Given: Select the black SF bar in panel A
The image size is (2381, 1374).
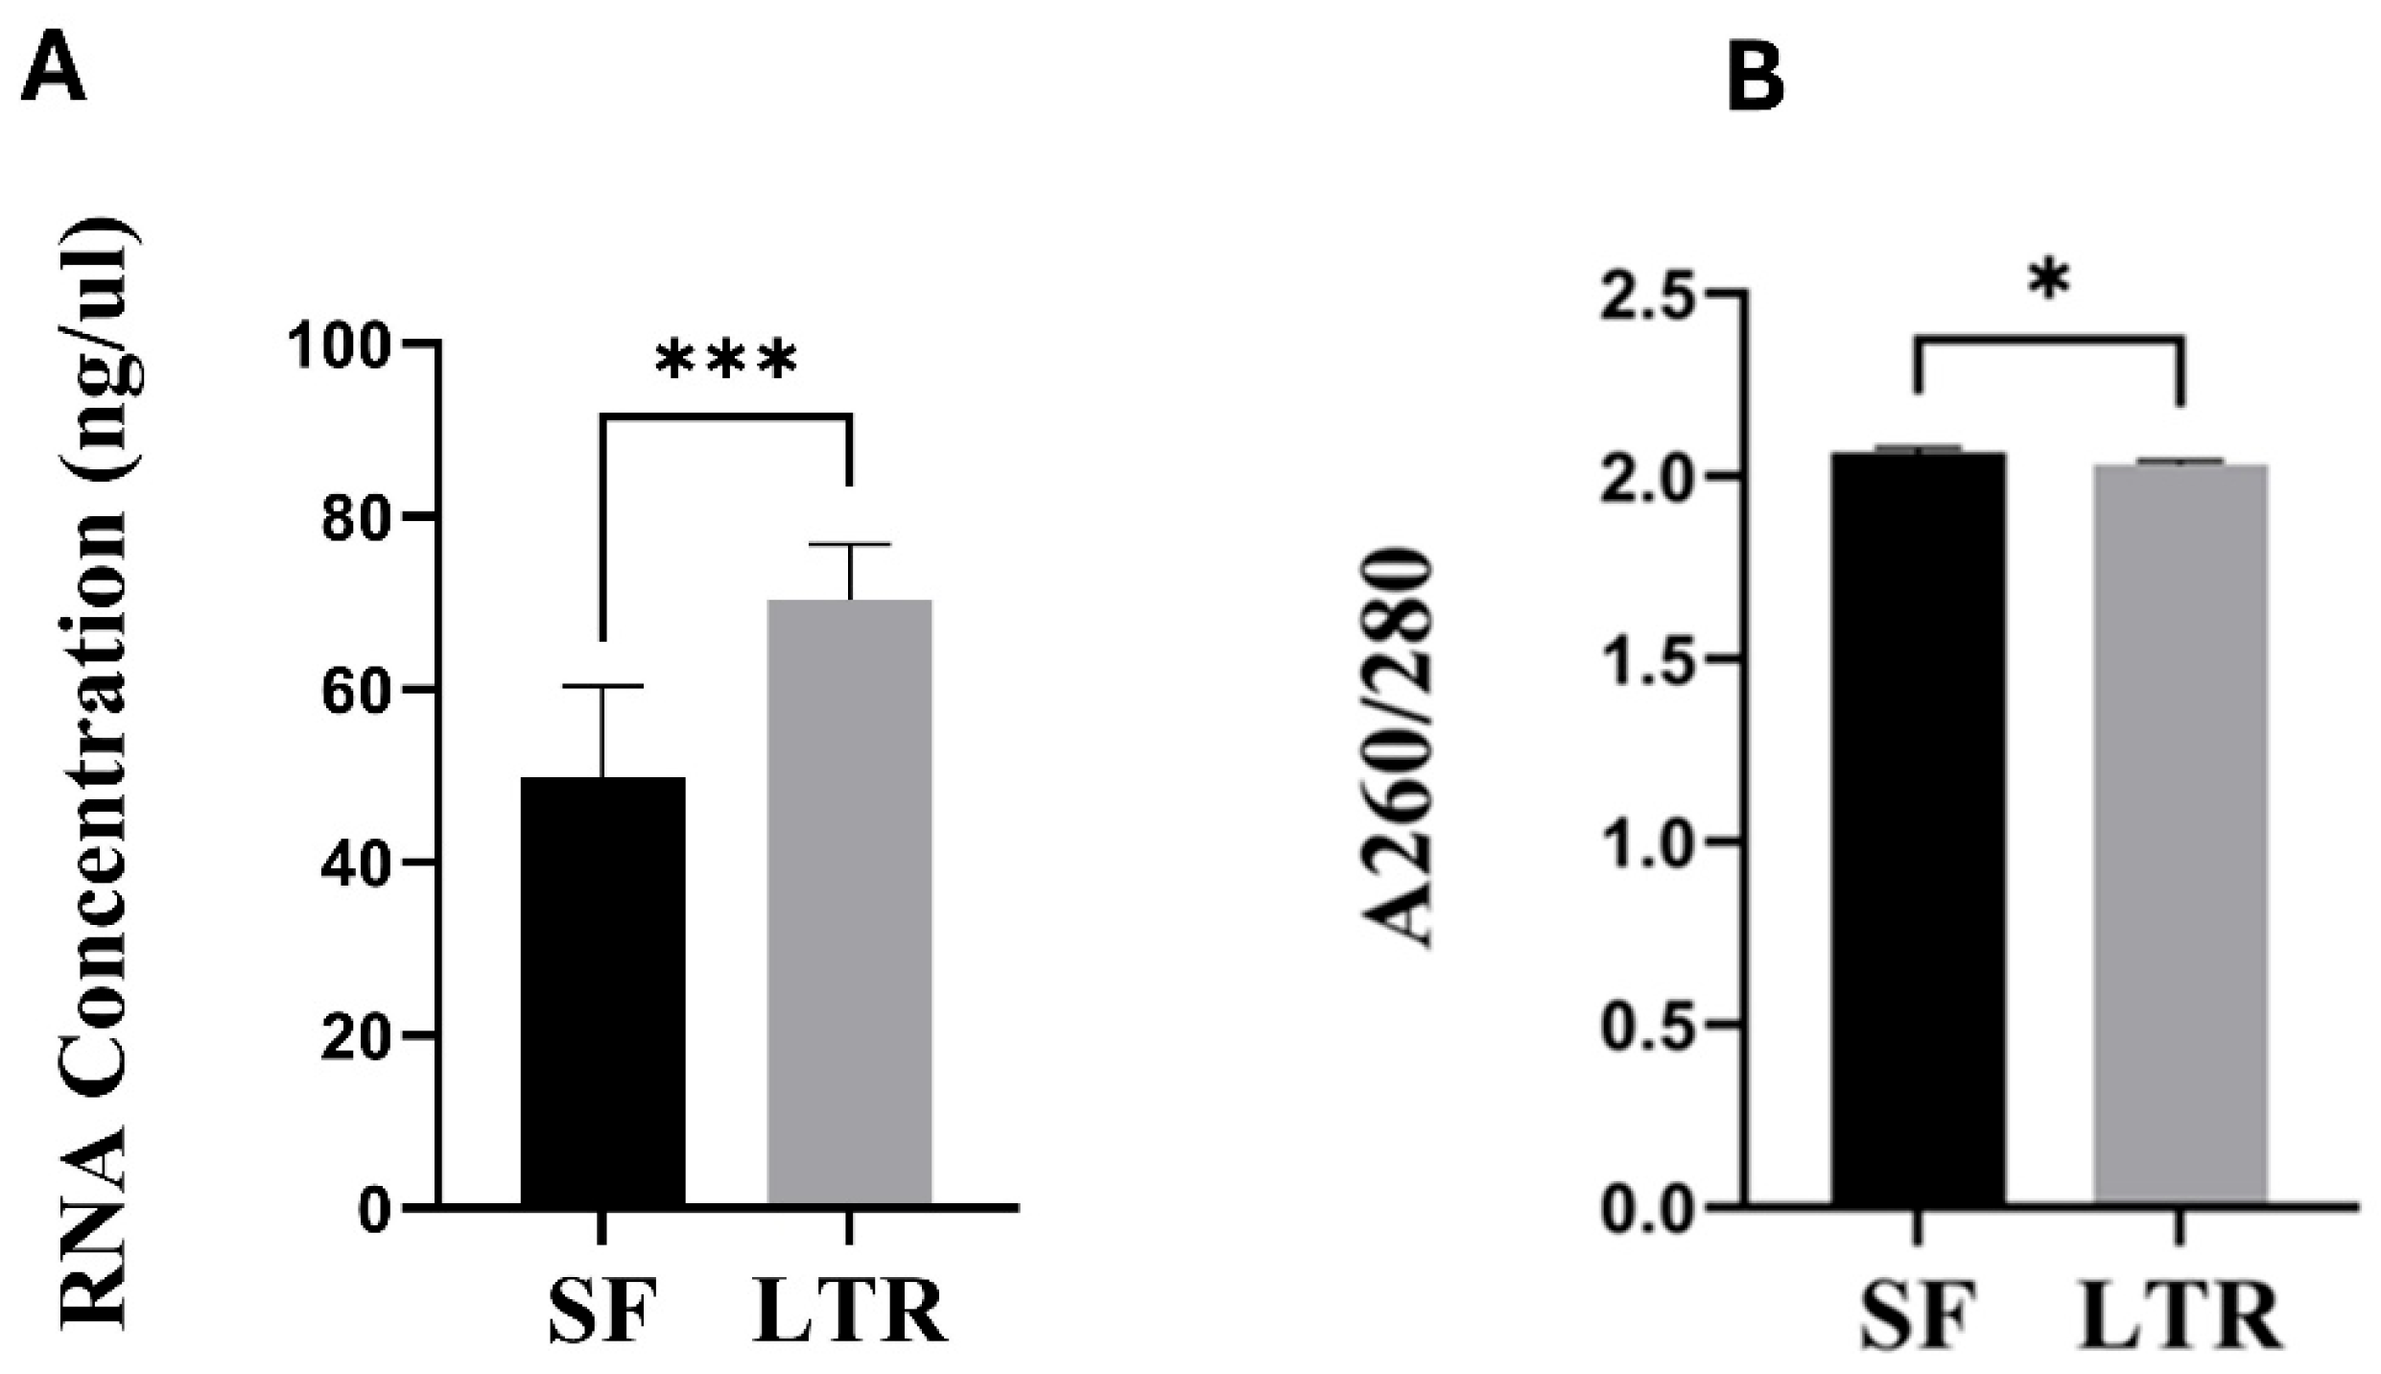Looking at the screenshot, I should pyautogui.click(x=602, y=988).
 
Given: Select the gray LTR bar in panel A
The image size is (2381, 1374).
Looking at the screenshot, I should pyautogui.click(x=849, y=902).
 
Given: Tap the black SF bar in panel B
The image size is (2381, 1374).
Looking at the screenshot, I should pyautogui.click(x=1918, y=825).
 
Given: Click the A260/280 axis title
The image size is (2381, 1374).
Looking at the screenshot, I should pyautogui.click(x=1399, y=748).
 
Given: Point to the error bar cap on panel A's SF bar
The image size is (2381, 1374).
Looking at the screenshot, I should pyautogui.click(x=602, y=686).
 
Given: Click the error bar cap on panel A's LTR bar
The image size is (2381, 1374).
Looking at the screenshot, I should pyautogui.click(x=850, y=544).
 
